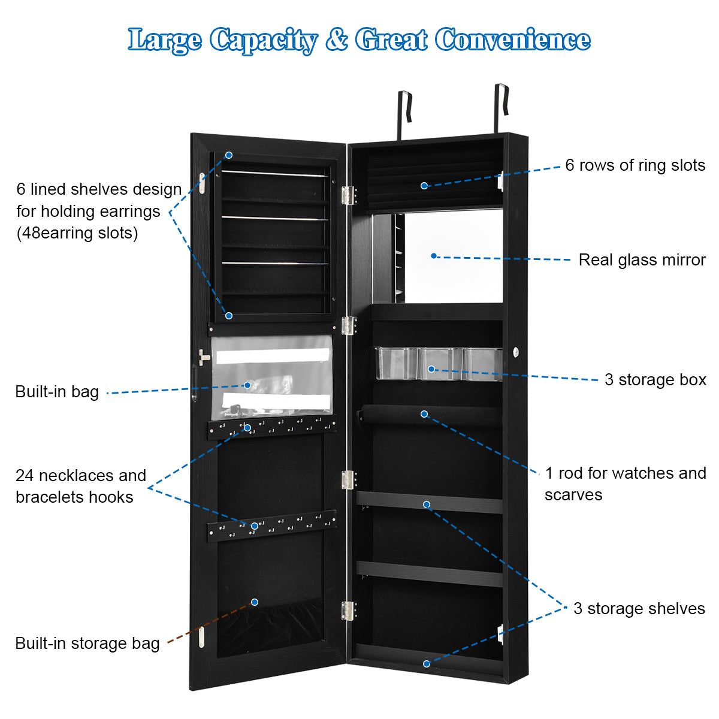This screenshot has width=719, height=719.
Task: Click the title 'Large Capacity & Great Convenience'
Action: pyautogui.click(x=359, y=40)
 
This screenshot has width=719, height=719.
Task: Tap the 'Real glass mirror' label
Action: pyautogui.click(x=642, y=260)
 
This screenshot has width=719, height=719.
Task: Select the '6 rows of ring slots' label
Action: pyautogui.click(x=635, y=165)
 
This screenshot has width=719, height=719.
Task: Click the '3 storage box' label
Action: pyautogui.click(x=655, y=380)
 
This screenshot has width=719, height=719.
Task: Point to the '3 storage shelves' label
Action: pyautogui.click(x=639, y=609)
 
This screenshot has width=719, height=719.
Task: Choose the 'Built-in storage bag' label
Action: pyautogui.click(x=87, y=644)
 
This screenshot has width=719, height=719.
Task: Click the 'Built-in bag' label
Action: pyautogui.click(x=57, y=392)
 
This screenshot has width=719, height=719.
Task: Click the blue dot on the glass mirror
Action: pyautogui.click(x=434, y=256)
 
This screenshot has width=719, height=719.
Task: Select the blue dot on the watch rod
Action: pyautogui.click(x=424, y=414)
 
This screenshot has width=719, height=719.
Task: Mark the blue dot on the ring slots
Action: pyautogui.click(x=424, y=186)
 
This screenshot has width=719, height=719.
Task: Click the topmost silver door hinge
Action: pyautogui.click(x=349, y=195)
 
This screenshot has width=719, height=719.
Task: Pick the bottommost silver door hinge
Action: pyautogui.click(x=348, y=611)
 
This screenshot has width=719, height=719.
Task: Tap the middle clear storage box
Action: pyautogui.click(x=440, y=364)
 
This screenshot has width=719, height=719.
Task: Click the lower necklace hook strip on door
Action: pyautogui.click(x=272, y=527)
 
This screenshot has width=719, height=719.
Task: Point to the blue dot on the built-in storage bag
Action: pyautogui.click(x=255, y=602)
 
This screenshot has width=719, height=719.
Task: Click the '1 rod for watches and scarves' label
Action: pyautogui.click(x=625, y=484)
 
